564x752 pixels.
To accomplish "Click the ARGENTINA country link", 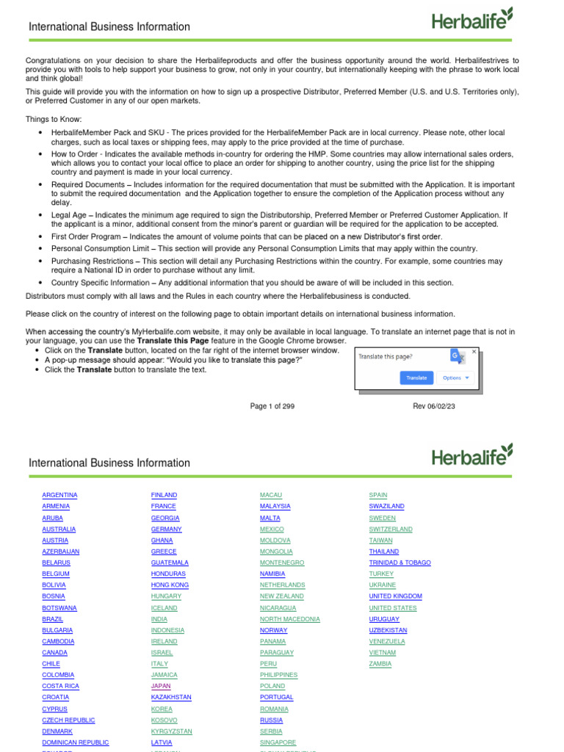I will [59, 495].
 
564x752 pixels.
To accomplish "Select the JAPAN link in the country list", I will [160, 686].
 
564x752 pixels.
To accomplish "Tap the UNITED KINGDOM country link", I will [395, 596].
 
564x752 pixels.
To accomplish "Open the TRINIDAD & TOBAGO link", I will [399, 563].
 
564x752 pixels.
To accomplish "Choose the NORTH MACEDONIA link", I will [289, 619].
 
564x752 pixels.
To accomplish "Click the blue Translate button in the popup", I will [416, 377].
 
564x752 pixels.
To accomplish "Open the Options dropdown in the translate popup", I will [455, 377].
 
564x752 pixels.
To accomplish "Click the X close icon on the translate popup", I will [474, 352].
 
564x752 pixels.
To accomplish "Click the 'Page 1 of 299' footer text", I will [272, 406].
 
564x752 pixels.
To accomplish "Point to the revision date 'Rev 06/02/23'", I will [433, 406].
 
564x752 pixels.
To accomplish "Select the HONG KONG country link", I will [170, 585].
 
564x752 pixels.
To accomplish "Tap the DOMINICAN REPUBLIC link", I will [75, 742].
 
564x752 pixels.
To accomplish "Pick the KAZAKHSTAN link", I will [171, 697].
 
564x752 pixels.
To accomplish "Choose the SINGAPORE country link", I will [278, 742].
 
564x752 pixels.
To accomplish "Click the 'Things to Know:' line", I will [54, 119].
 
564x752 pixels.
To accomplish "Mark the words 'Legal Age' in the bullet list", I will [68, 214].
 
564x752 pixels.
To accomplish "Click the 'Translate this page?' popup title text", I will [385, 356].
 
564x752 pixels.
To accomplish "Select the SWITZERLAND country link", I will [390, 529].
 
